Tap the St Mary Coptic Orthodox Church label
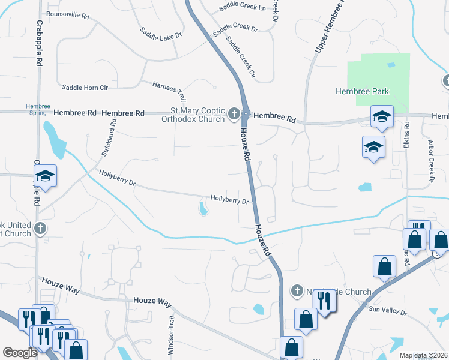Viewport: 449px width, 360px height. [196, 114]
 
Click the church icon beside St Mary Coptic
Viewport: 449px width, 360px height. [234, 113]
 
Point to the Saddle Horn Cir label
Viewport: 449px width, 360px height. [85, 88]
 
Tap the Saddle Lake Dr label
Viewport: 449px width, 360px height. [161, 33]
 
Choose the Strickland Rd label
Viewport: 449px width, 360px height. [109, 137]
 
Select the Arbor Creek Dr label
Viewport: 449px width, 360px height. [430, 161]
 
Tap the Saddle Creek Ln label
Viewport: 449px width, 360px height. [243, 7]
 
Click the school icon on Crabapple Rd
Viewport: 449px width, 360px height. [45, 176]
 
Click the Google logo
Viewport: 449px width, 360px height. [20, 353]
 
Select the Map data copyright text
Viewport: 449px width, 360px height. [423, 355]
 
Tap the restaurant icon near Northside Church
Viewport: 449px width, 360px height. [325, 301]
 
